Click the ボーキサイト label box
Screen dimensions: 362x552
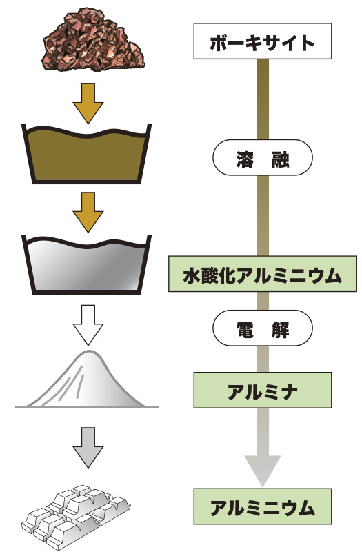[263, 41]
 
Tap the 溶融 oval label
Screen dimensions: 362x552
[263, 157]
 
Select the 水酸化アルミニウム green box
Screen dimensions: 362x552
[263, 274]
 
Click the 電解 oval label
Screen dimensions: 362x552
[263, 328]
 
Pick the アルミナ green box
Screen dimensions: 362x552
[263, 390]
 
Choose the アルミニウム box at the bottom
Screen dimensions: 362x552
[263, 506]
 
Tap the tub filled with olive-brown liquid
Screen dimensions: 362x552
[87, 154]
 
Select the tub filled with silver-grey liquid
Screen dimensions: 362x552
[87, 264]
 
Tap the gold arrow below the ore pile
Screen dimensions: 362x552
[88, 103]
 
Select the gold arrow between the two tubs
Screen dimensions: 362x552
[88, 212]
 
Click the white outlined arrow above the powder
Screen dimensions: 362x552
[88, 325]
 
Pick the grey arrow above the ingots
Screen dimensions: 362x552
[88, 447]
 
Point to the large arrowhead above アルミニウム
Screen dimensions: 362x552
[263, 470]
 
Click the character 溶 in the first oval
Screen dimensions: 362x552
[245, 159]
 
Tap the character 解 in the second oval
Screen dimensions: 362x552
[281, 330]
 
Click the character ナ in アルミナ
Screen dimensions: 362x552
[288, 391]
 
